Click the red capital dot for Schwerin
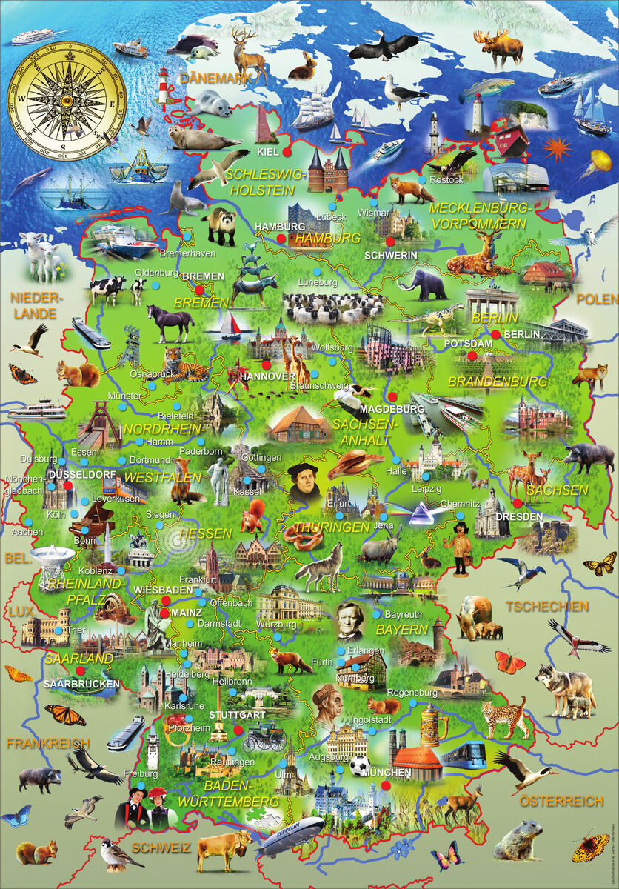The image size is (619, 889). pyautogui.click(x=390, y=241)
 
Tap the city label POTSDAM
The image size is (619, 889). pyautogui.click(x=468, y=344)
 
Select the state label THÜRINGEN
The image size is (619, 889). pyautogui.click(x=332, y=527)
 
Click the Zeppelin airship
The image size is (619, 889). pyautogui.click(x=290, y=835)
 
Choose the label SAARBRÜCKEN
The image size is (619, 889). pyautogui.click(x=81, y=683)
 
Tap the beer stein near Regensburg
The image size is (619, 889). pyautogui.click(x=429, y=725)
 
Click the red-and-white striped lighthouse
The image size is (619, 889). pyautogui.click(x=163, y=89)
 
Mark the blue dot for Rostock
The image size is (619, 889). pyautogui.click(x=422, y=179)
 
